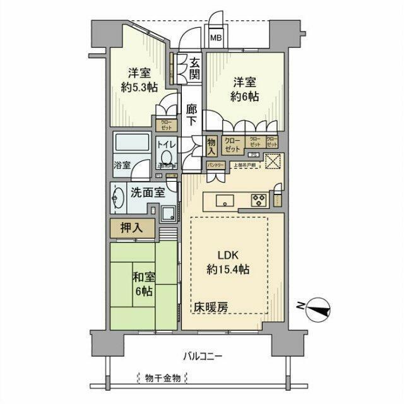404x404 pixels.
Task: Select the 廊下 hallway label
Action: tap(193, 117)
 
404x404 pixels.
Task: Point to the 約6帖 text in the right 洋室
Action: tap(245, 97)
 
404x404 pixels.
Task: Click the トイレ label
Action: tap(167, 144)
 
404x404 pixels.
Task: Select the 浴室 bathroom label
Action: tap(122, 165)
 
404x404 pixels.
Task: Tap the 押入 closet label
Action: tap(132, 229)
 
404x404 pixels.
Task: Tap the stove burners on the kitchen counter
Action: tap(259, 201)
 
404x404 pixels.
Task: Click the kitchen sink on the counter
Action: tap(225, 201)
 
